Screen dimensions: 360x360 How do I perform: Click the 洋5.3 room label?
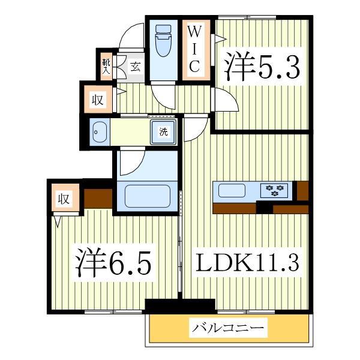[262, 67]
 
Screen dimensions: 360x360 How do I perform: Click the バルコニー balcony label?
[227, 328]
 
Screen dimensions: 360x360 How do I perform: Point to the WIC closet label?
[195, 49]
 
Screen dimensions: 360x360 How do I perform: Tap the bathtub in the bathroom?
[147, 195]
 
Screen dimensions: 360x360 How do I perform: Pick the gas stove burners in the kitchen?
[276, 191]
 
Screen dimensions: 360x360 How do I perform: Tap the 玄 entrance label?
[136, 67]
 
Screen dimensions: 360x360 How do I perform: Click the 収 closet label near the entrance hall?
[98, 99]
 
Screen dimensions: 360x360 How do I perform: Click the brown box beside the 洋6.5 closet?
[98, 197]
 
